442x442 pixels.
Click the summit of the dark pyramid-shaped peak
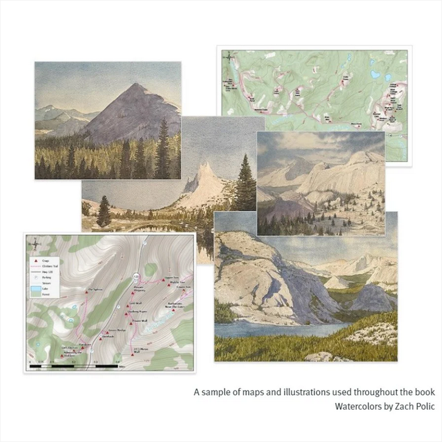click(x=135, y=85)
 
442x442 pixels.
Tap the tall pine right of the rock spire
click(x=245, y=182)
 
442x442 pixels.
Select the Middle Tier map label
click(x=176, y=284)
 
